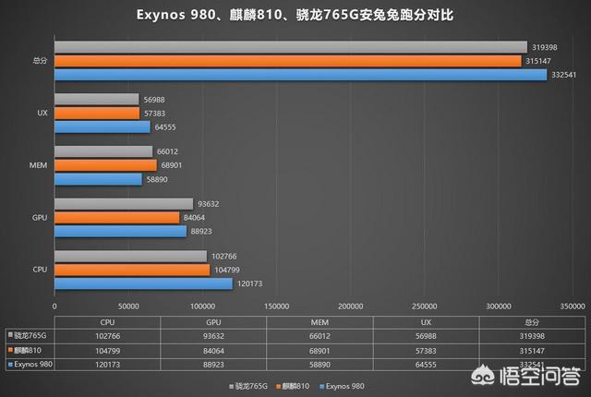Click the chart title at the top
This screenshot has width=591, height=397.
295,16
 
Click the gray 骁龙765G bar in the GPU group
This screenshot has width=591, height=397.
124,204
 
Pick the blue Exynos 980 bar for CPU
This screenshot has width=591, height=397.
143,283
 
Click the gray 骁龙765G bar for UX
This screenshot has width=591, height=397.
96,99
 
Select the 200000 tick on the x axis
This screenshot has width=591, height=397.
350,305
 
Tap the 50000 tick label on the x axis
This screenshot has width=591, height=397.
128,305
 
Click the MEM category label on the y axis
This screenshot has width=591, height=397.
39,165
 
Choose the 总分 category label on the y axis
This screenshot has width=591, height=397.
39,61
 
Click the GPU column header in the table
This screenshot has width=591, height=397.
213,321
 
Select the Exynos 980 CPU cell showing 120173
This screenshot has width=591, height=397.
107,366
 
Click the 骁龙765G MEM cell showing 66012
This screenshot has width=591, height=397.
320,336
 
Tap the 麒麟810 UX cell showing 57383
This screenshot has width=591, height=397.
426,351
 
